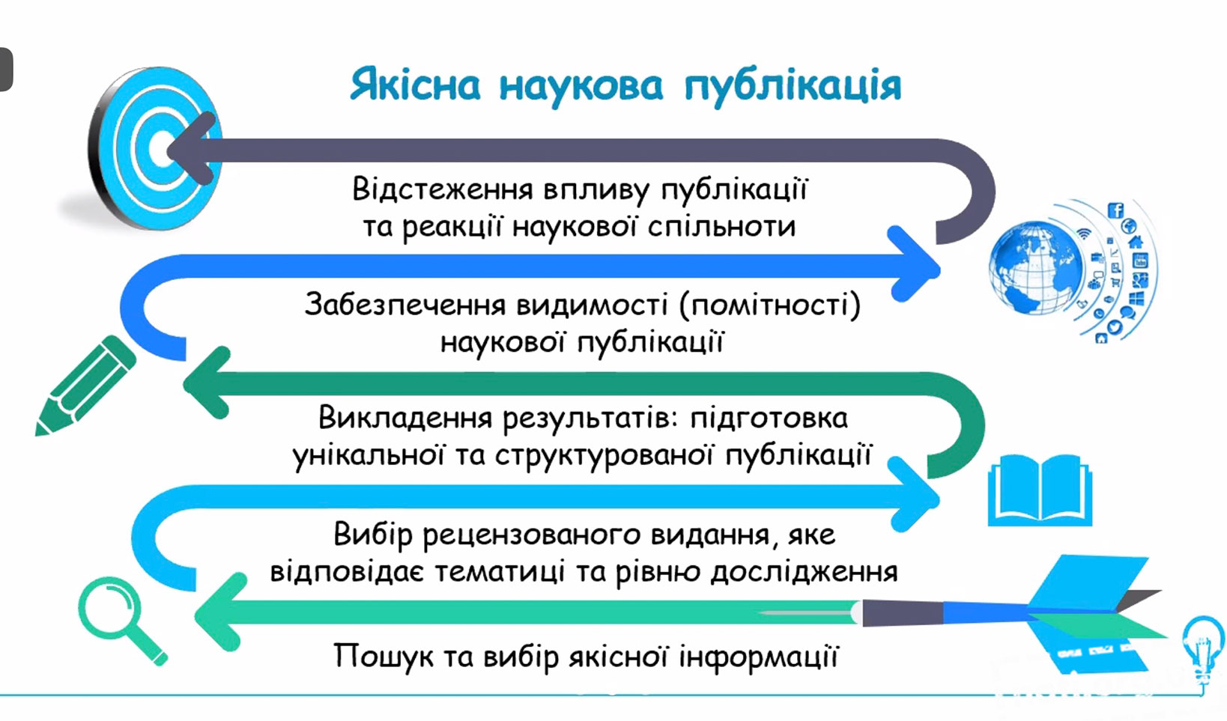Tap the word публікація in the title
pyautogui.click(x=793, y=87)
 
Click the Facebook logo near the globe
pyautogui.click(x=1116, y=210)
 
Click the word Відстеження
pyautogui.click(x=443, y=189)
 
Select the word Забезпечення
pyautogui.click(x=405, y=305)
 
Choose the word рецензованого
pyautogui.click(x=532, y=535)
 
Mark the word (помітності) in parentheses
pyautogui.click(x=770, y=305)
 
